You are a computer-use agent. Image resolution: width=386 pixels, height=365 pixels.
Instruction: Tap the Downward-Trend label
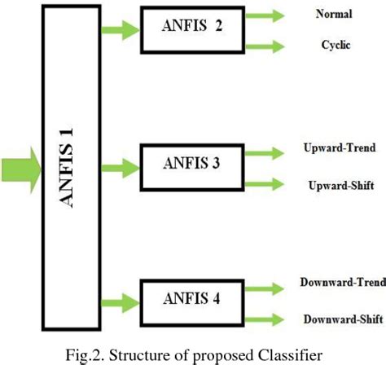[338, 285]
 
